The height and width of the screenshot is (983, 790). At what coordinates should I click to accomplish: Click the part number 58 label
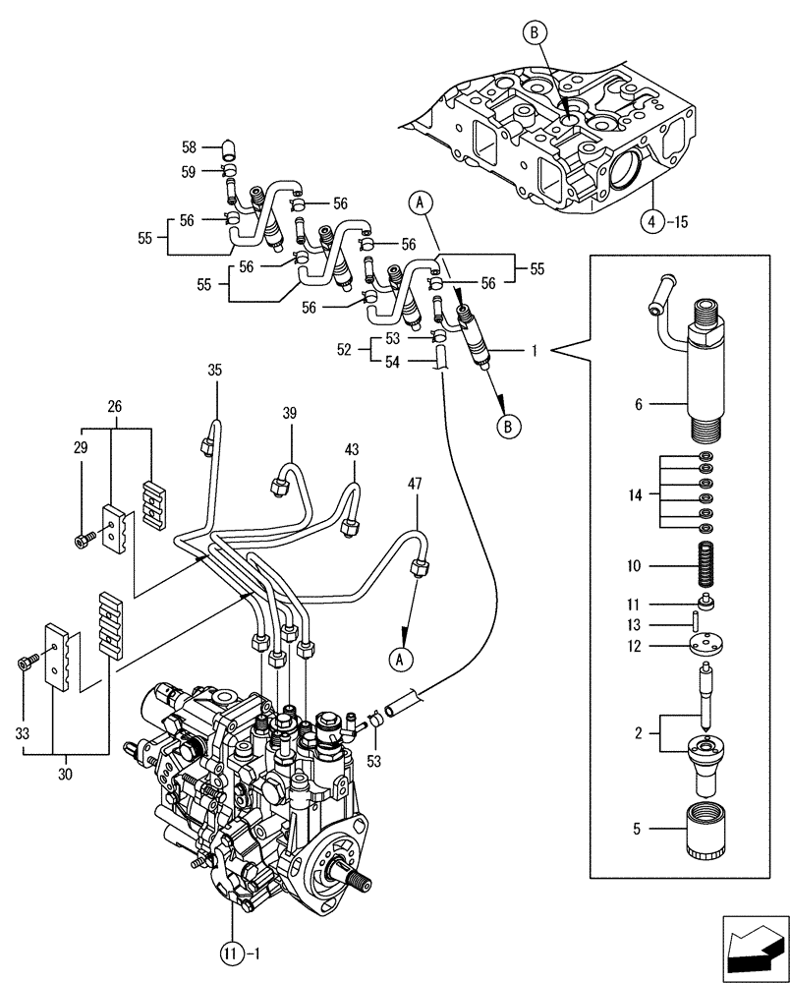(189, 148)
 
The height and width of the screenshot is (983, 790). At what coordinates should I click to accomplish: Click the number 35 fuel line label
(215, 371)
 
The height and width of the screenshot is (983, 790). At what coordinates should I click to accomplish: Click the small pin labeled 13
(695, 621)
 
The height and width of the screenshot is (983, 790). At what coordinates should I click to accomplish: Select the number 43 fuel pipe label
(352, 449)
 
